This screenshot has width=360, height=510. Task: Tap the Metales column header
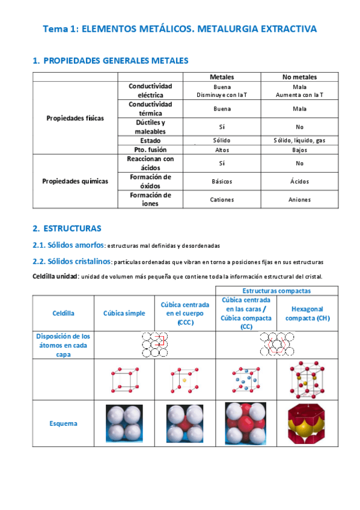point(222,77)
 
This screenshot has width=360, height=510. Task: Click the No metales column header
point(299,77)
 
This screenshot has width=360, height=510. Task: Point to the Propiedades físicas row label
point(75,118)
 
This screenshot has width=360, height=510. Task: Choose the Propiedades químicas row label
point(75,181)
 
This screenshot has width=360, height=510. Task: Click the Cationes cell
point(222,199)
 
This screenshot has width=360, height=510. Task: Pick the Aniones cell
point(299,199)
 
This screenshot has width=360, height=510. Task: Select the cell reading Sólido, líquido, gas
point(299,140)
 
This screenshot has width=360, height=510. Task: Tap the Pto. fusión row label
point(150,149)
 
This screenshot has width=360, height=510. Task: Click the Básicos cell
point(222,181)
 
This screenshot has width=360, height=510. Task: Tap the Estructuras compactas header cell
point(276,290)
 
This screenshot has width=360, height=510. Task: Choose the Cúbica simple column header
point(124,313)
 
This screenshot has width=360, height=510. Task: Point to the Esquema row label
point(63,423)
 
